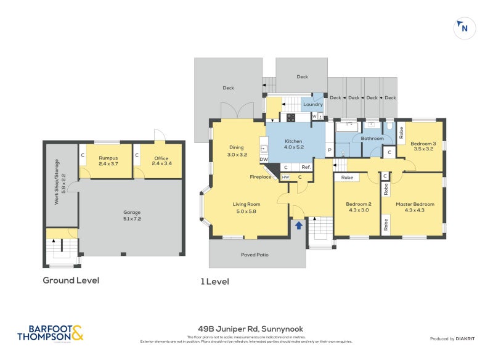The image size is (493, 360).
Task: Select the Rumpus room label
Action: tap(108, 162)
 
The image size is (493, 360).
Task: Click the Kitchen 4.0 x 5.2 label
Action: tap(293, 144)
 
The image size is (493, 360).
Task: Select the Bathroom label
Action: tap(372, 139)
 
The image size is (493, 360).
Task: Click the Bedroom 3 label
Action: tap(424, 146)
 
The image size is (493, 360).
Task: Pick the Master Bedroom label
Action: tap(415, 207)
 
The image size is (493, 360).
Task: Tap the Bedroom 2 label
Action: tap(357, 207)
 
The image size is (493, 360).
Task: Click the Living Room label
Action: tap(246, 207)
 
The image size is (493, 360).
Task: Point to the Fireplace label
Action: tap(261, 178)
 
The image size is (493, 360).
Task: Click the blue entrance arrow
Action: tap(299, 226)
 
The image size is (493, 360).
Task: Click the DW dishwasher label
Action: tap(264, 160)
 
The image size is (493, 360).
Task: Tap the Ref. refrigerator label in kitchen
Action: tap(304, 168)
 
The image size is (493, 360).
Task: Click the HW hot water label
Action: tap(285, 178)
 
